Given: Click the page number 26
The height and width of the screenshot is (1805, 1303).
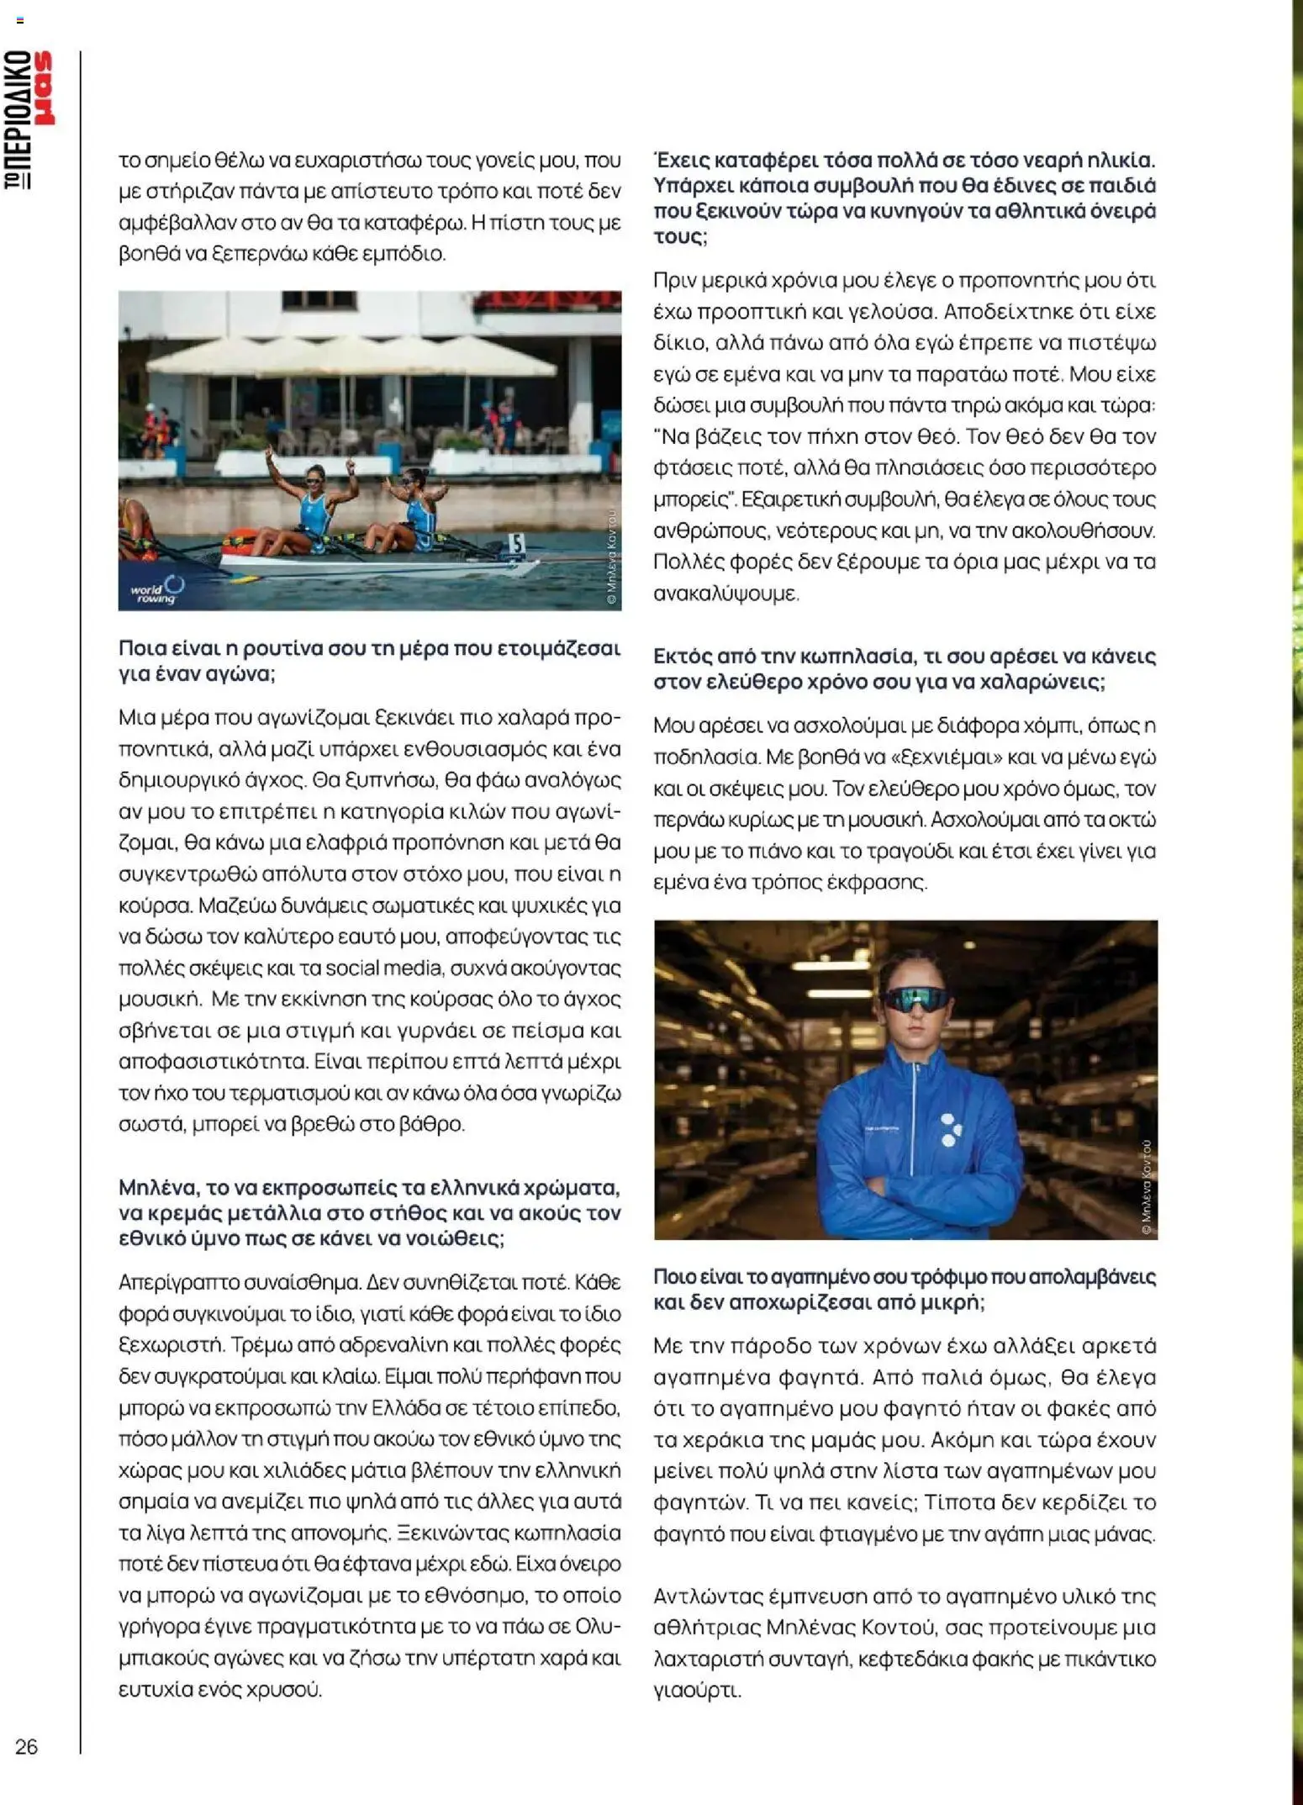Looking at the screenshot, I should (26, 1746).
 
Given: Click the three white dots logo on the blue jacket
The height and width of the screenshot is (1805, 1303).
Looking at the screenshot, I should (949, 1130).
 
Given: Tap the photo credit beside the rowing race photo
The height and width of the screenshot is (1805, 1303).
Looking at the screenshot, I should (611, 556).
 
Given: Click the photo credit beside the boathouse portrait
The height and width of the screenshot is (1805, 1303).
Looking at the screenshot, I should (1147, 1186).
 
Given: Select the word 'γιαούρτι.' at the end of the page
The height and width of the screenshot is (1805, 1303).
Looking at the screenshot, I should (698, 1690).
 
